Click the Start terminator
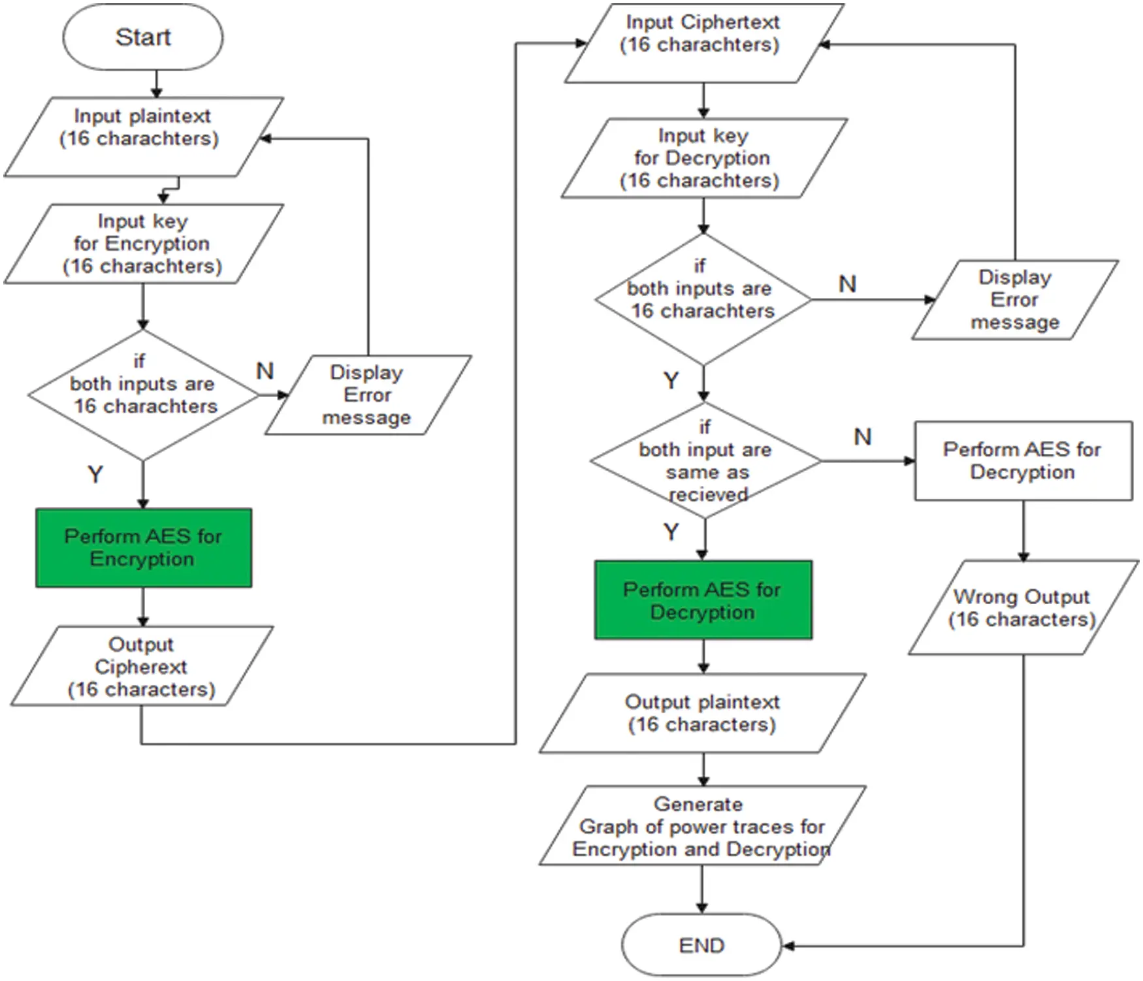pyautogui.click(x=142, y=37)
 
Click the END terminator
pyautogui.click(x=701, y=945)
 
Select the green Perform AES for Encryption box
pyautogui.click(x=143, y=547)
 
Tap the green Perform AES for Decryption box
pyautogui.click(x=703, y=600)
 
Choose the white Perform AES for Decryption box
pyautogui.click(x=1023, y=460)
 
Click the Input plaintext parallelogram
pyautogui.click(x=142, y=137)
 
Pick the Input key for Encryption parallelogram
pyautogui.click(x=142, y=244)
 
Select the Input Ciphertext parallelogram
pyautogui.click(x=703, y=43)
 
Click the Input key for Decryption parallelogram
pyautogui.click(x=703, y=158)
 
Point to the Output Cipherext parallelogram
pyautogui.click(x=141, y=666)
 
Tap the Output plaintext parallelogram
pyautogui.click(x=703, y=713)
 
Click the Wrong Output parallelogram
pyautogui.click(x=1023, y=607)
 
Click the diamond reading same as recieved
pyautogui.click(x=705, y=460)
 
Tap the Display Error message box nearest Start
pyautogui.click(x=367, y=394)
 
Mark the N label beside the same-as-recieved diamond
pyautogui.click(x=863, y=436)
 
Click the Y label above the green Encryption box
pyautogui.click(x=95, y=474)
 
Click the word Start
pyautogui.click(x=142, y=37)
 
